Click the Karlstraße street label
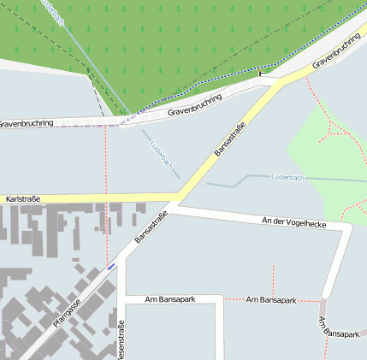tap(23, 199)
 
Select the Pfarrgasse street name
tap(66, 313)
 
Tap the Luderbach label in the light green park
tap(287, 177)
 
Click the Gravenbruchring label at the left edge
tap(26, 124)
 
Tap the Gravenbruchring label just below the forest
tap(194, 104)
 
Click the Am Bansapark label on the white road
tap(170, 299)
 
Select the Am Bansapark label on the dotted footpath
tap(271, 300)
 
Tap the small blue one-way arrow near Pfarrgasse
tap(110, 267)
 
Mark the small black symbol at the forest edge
tap(263, 74)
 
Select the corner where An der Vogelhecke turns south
tap(347, 227)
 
